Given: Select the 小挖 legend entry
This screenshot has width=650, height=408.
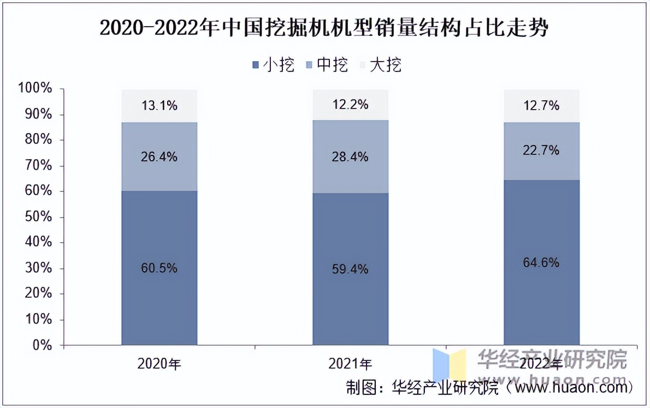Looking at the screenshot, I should (x=274, y=65).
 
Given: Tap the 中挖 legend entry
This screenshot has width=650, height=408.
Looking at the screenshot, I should (x=327, y=65).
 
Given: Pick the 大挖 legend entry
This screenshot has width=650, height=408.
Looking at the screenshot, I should (x=381, y=65).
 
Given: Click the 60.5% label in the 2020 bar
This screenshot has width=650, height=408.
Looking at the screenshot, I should (x=159, y=268).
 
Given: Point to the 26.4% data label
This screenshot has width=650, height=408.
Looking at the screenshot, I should (x=159, y=157).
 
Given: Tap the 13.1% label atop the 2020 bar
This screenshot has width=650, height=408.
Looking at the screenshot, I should (x=159, y=106).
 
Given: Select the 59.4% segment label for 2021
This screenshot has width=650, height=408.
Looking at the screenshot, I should (x=350, y=269).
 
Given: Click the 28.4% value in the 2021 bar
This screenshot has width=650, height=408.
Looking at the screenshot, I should (x=350, y=157).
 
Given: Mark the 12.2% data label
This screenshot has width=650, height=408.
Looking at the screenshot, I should (x=350, y=104).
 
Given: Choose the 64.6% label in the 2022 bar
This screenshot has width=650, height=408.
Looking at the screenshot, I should (x=541, y=263).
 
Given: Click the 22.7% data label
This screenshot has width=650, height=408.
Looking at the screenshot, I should (x=541, y=150).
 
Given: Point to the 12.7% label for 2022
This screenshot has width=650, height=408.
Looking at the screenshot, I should (x=541, y=106).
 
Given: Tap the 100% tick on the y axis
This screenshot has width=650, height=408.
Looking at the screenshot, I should (x=35, y=88).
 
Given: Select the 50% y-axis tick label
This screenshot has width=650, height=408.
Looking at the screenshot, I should (x=38, y=217).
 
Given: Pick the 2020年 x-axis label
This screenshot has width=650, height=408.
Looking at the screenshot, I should (x=159, y=364).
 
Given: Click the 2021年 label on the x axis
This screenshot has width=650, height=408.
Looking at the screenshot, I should (x=350, y=364).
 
